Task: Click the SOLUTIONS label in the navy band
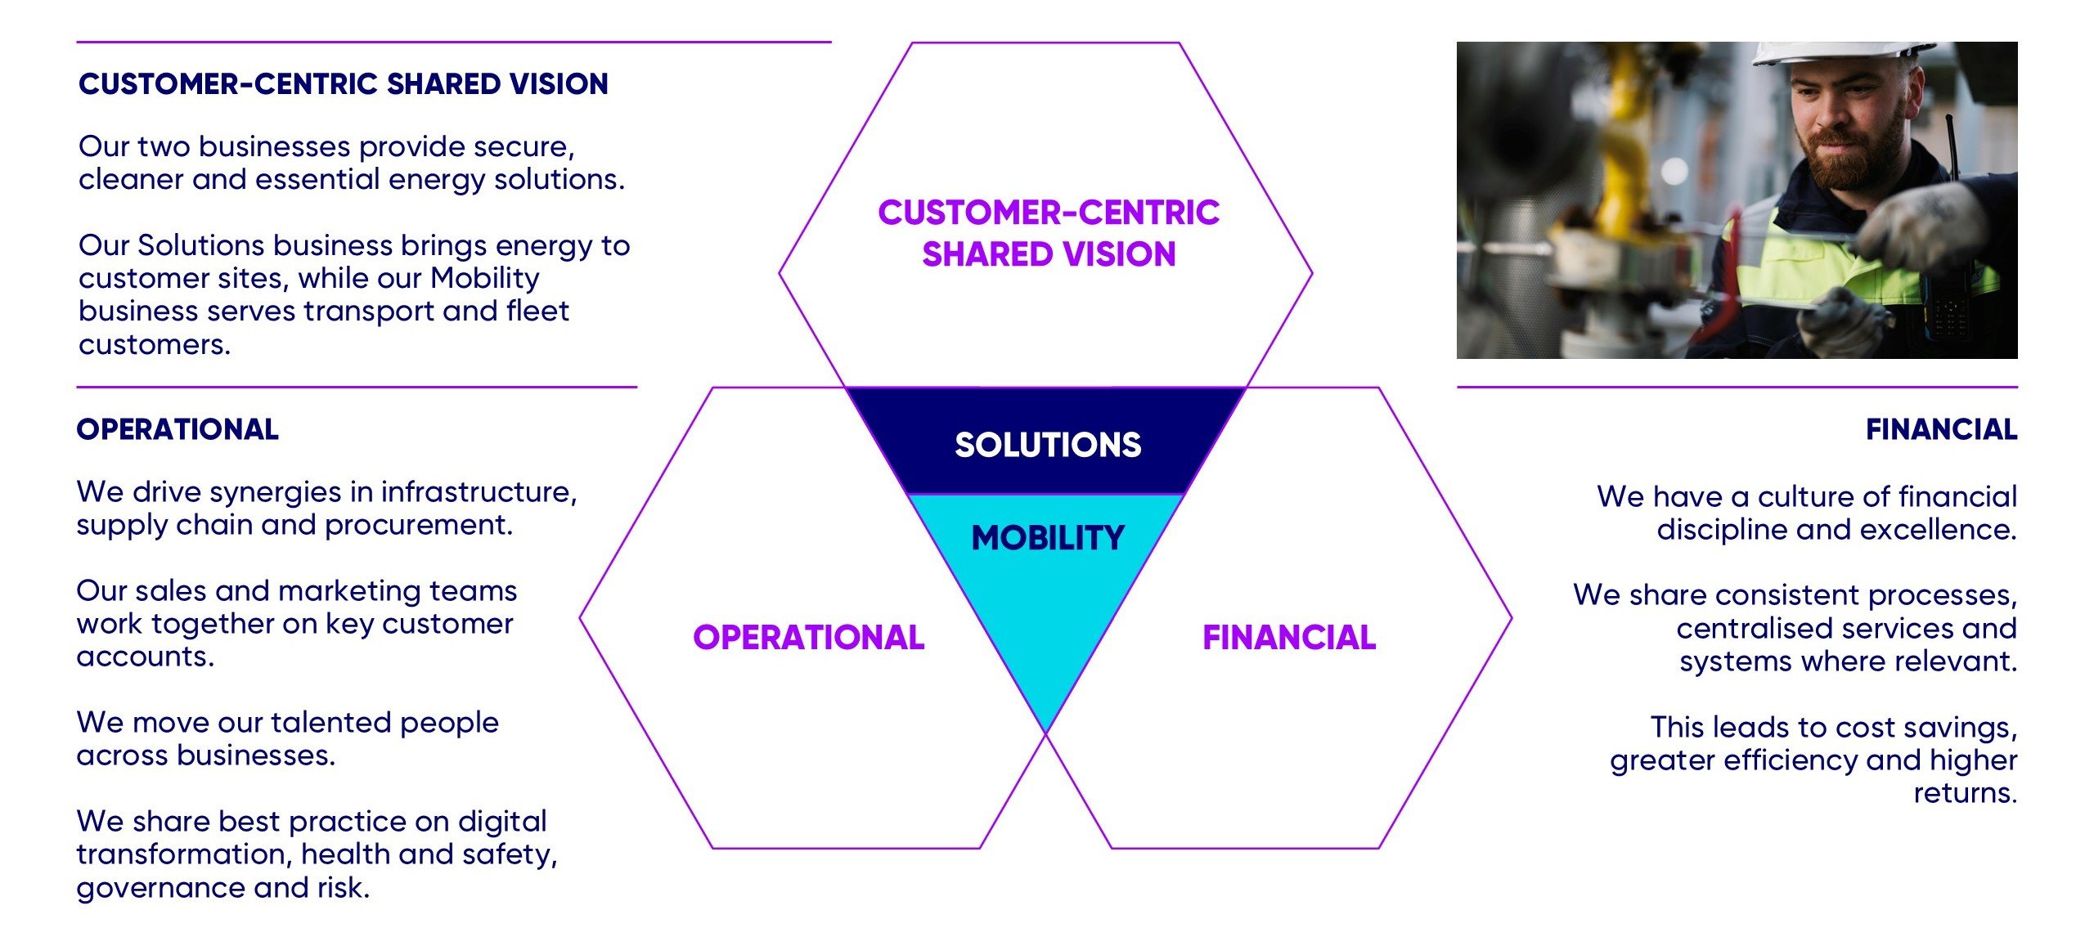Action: click(x=1047, y=445)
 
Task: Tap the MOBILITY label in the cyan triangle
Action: click(x=1048, y=538)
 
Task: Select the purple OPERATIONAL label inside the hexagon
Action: click(x=808, y=638)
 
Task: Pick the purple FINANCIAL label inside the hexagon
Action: click(x=1289, y=638)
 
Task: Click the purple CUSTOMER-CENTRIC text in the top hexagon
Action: click(x=1049, y=213)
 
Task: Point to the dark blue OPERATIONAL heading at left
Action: click(x=177, y=429)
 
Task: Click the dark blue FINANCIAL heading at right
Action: click(x=1941, y=429)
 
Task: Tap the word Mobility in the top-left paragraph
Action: click(x=485, y=279)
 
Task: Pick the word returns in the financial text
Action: click(x=1965, y=793)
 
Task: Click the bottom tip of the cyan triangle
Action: click(x=1046, y=729)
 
